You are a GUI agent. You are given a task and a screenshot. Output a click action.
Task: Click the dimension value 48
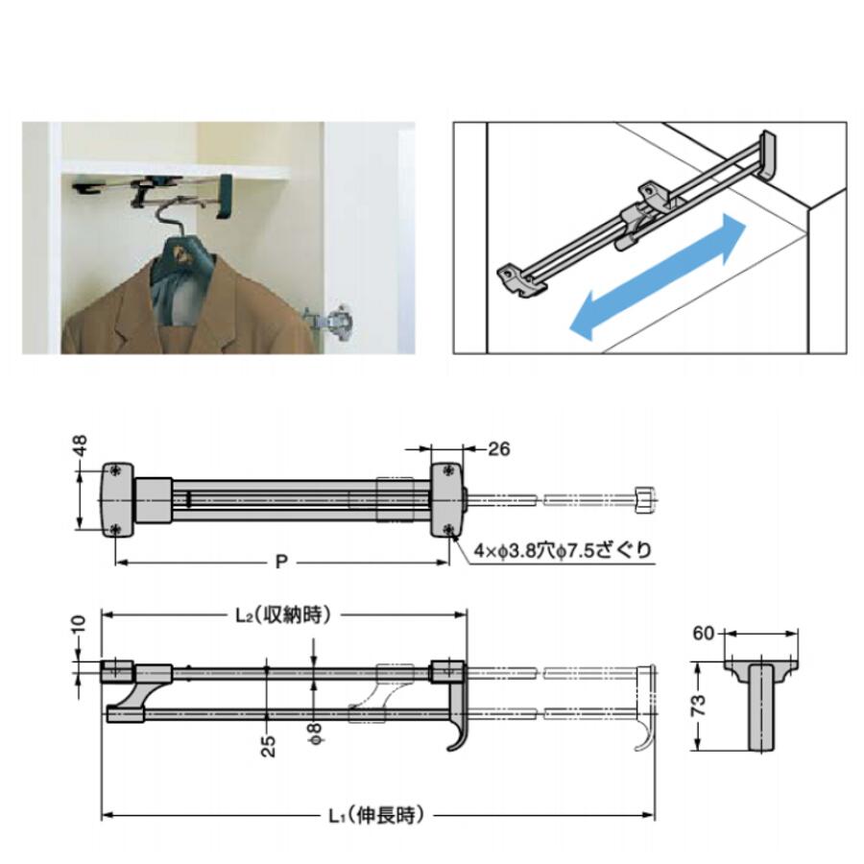[80, 445]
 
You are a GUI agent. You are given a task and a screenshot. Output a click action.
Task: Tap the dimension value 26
[498, 449]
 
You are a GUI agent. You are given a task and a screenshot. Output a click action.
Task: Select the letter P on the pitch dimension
[281, 562]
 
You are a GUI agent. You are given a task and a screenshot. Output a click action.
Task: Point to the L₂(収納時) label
[283, 614]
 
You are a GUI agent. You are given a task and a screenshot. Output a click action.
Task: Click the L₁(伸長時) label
[377, 815]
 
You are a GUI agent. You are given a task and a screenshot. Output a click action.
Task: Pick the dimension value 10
[80, 624]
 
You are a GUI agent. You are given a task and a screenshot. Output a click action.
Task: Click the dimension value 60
[703, 634]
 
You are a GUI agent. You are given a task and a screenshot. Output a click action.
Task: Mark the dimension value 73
[698, 706]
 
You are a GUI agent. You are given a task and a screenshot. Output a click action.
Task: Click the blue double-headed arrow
[658, 277]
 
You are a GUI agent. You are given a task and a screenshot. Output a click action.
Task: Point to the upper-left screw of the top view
[115, 470]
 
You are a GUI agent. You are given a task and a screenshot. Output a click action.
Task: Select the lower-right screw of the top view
[449, 530]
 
